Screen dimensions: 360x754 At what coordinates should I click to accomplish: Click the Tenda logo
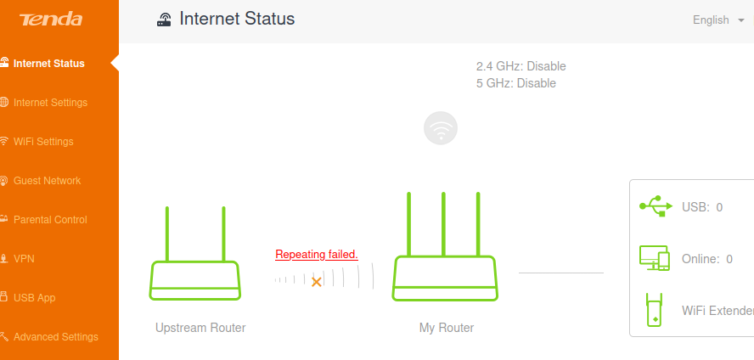point(51,20)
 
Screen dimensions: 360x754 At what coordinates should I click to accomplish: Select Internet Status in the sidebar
point(49,63)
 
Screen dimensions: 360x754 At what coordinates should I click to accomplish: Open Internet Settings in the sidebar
point(50,103)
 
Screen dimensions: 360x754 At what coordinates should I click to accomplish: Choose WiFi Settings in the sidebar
point(43,142)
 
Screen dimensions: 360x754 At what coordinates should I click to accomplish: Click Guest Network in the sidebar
point(47,181)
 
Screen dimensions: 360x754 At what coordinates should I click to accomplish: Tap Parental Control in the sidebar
point(50,220)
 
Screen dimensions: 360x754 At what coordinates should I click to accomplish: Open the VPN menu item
point(24,259)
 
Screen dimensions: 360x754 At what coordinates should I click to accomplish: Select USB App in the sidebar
point(34,298)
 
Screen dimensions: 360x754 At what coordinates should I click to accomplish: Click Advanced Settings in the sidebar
point(55,337)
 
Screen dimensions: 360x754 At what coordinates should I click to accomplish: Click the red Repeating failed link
point(317,254)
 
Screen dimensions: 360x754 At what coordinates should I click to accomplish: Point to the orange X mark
point(317,281)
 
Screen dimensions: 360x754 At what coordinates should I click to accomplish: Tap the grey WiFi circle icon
point(441,128)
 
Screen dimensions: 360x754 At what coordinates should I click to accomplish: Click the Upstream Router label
point(200,328)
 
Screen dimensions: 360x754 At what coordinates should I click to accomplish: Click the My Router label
point(447,328)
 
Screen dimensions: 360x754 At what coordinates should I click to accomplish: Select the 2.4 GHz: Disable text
point(521,66)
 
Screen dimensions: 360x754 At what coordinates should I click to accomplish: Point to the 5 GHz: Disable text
point(516,83)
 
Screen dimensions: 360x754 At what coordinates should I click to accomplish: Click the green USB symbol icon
point(653,205)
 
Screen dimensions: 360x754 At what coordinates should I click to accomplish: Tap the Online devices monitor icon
point(654,258)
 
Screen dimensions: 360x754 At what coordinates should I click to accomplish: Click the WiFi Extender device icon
point(654,310)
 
